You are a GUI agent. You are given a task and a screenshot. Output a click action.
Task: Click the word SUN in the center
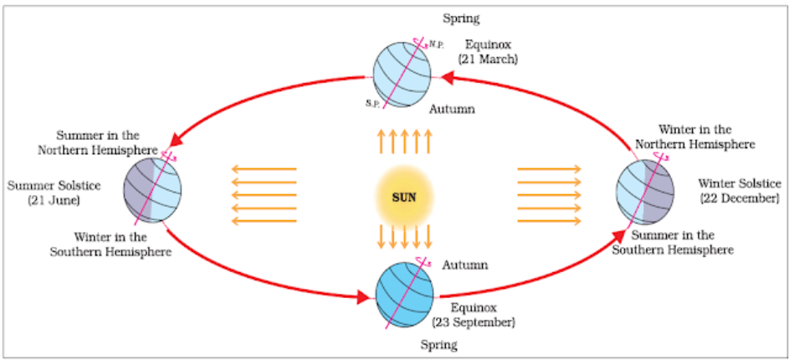pyautogui.click(x=404, y=198)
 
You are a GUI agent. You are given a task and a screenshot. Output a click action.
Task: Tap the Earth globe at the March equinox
pyautogui.click(x=402, y=75)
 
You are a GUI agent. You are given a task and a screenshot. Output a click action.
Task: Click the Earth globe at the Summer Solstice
pyautogui.click(x=152, y=190)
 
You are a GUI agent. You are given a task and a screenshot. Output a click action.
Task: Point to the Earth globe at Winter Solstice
pyautogui.click(x=644, y=193)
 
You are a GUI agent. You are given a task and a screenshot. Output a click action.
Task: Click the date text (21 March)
pyautogui.click(x=488, y=59)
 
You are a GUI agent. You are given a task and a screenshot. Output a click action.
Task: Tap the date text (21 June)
pyautogui.click(x=54, y=200)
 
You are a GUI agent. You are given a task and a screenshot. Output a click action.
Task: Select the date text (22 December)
pyautogui.click(x=740, y=198)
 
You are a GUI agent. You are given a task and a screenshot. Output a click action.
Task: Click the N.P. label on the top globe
pyautogui.click(x=436, y=45)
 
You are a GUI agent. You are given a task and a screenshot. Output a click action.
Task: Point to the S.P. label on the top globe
pyautogui.click(x=371, y=103)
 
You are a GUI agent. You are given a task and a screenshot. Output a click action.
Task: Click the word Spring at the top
pyautogui.click(x=461, y=19)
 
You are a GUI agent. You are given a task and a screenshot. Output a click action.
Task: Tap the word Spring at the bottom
pyautogui.click(x=438, y=346)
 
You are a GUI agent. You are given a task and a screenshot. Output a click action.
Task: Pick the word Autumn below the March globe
pyautogui.click(x=451, y=108)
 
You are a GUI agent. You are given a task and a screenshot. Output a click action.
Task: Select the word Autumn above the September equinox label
pyautogui.click(x=465, y=265)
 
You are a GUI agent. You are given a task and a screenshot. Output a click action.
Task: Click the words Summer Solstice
pyautogui.click(x=54, y=186)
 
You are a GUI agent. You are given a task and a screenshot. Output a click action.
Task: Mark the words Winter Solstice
pyautogui.click(x=740, y=183)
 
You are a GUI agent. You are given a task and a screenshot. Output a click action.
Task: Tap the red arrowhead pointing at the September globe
pyautogui.click(x=363, y=296)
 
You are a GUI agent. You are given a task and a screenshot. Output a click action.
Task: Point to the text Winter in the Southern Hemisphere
pyautogui.click(x=110, y=244)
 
